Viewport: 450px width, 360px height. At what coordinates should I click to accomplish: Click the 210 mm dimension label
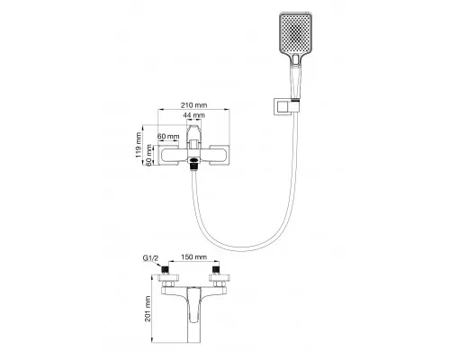[x=193, y=105]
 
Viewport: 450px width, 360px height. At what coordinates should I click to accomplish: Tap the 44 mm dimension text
[x=194, y=115]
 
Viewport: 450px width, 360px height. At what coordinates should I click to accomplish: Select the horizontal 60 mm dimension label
[x=168, y=136]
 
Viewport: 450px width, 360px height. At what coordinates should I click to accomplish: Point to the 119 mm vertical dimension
[x=139, y=145]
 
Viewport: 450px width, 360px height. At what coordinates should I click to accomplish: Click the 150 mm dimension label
[x=193, y=257]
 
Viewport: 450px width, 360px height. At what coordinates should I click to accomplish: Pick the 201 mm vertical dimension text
[x=148, y=309]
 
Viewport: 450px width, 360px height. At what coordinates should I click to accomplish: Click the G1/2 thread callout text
[x=150, y=257]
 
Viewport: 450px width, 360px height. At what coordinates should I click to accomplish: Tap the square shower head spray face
[x=295, y=33]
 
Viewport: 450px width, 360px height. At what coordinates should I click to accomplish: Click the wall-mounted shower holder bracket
[x=286, y=107]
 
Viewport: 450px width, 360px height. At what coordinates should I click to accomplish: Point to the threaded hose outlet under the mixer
[x=194, y=166]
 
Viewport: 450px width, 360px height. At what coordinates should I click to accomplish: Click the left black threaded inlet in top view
[x=165, y=269]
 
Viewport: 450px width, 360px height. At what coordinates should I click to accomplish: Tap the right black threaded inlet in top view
[x=216, y=269]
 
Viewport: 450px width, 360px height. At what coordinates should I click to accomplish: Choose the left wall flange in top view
[x=168, y=277]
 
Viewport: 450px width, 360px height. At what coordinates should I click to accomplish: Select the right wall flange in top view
[x=220, y=277]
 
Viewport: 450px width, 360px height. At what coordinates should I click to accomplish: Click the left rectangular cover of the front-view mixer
[x=168, y=155]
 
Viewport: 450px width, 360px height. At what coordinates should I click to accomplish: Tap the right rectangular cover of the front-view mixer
[x=220, y=155]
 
